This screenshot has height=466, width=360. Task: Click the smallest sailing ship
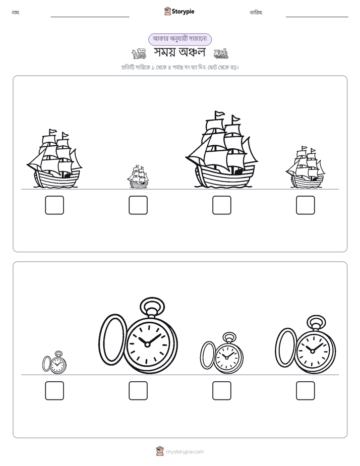(x=138, y=177)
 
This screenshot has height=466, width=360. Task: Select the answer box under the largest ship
(x=221, y=205)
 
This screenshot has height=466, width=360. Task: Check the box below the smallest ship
(x=138, y=205)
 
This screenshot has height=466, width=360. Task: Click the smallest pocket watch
(x=54, y=363)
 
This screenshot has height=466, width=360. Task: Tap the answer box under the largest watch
(x=138, y=390)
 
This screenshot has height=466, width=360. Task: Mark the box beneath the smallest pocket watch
(x=54, y=390)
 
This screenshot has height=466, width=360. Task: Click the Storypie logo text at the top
(x=183, y=11)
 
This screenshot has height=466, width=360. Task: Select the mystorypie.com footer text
(x=185, y=452)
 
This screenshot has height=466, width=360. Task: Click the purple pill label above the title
(x=180, y=39)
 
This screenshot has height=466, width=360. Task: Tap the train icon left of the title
(x=139, y=53)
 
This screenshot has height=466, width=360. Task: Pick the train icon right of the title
(x=221, y=53)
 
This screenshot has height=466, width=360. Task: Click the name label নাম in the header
(x=16, y=13)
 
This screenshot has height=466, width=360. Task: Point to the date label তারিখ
(x=256, y=13)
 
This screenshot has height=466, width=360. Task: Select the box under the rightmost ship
(x=306, y=205)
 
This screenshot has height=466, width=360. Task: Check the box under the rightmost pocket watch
(x=306, y=390)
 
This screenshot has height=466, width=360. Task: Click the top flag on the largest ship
(x=220, y=114)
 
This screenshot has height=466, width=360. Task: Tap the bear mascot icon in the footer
(x=160, y=451)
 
